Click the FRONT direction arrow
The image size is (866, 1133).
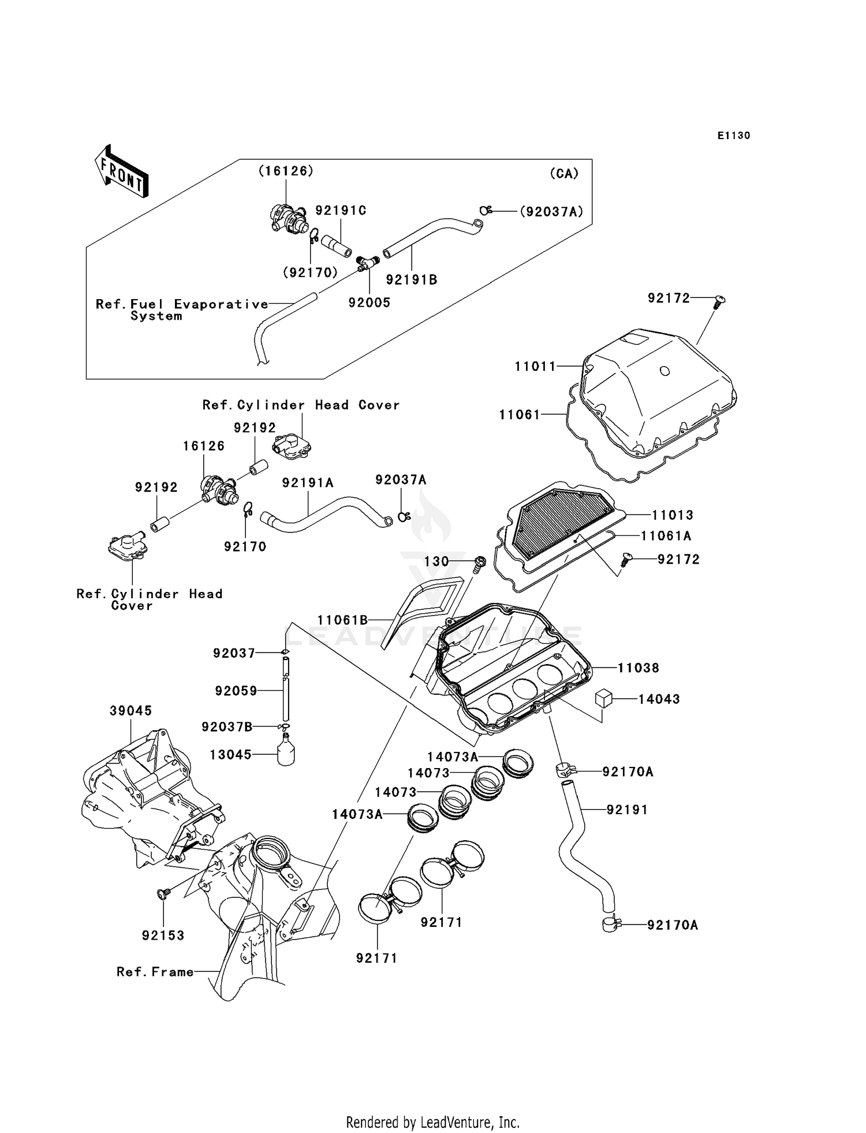[x=122, y=172]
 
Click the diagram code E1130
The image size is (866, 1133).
[x=734, y=136]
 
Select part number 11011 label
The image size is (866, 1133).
[x=535, y=366]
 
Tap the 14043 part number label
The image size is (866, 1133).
[x=659, y=699]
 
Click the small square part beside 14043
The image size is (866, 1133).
[x=603, y=698]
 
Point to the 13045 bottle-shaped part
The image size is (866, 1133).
[x=285, y=751]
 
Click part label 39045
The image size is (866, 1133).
[x=131, y=710]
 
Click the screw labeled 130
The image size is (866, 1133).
[x=479, y=563]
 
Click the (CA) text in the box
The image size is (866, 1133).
[x=564, y=173]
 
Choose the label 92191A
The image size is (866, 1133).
[x=308, y=483]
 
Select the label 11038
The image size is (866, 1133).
[x=639, y=668]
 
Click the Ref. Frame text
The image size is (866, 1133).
[x=155, y=972]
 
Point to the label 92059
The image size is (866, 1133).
[x=236, y=691]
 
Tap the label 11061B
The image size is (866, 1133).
[x=342, y=620]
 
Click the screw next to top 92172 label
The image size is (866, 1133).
[x=719, y=301]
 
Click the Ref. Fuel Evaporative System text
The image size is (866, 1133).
[x=182, y=310]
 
